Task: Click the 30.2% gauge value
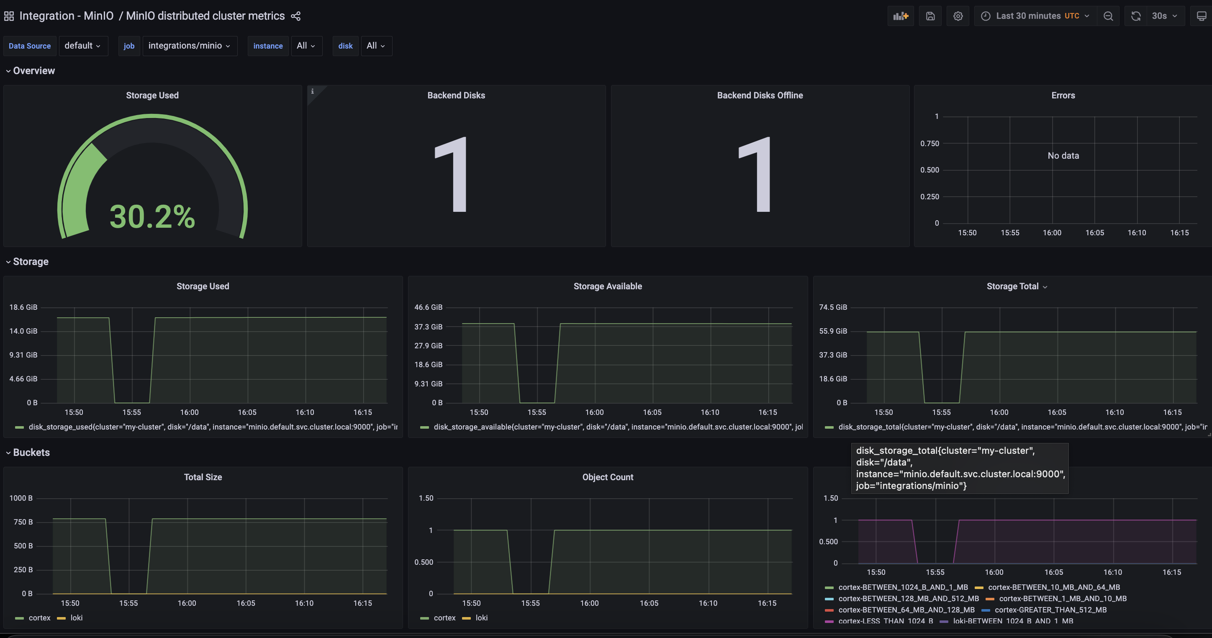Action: (x=152, y=217)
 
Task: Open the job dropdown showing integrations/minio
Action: (x=189, y=46)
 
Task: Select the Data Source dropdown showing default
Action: (x=82, y=46)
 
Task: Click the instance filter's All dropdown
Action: (x=306, y=46)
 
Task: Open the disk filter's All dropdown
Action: (x=376, y=46)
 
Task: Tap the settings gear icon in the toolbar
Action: (x=958, y=16)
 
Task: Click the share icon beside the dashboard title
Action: (x=295, y=16)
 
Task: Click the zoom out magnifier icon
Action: (x=1108, y=16)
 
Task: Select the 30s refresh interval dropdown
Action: (x=1164, y=16)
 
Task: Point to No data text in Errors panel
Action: (x=1063, y=156)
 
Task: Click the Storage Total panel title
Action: (x=1012, y=286)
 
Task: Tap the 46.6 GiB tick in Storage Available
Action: (x=428, y=307)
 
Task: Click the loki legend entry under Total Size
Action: (x=76, y=618)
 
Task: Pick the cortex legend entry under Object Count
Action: (x=444, y=618)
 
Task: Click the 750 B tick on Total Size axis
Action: (x=23, y=522)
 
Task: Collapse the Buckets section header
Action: (x=31, y=452)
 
